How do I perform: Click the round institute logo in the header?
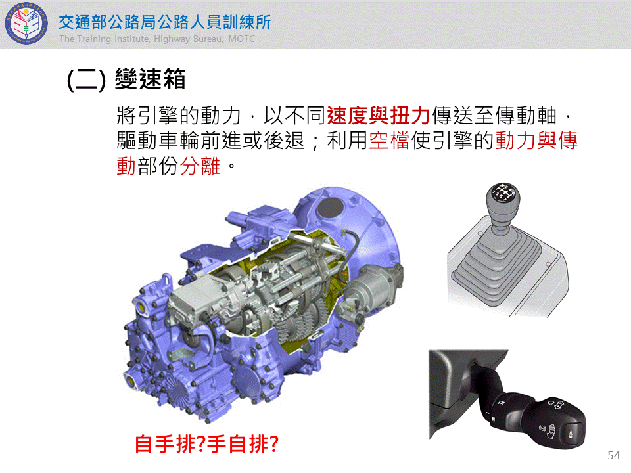click(26, 24)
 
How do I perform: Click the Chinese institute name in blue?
click(164, 22)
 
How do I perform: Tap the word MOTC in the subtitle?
click(241, 39)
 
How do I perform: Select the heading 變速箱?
click(150, 79)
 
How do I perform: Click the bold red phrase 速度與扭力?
click(379, 116)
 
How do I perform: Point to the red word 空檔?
click(389, 141)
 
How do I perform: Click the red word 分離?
click(200, 166)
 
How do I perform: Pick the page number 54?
click(614, 455)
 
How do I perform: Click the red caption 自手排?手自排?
click(207, 444)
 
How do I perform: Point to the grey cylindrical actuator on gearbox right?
click(368, 287)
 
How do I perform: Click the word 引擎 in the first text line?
click(158, 116)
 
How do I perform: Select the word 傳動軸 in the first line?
click(526, 116)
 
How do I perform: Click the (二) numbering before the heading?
click(87, 79)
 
